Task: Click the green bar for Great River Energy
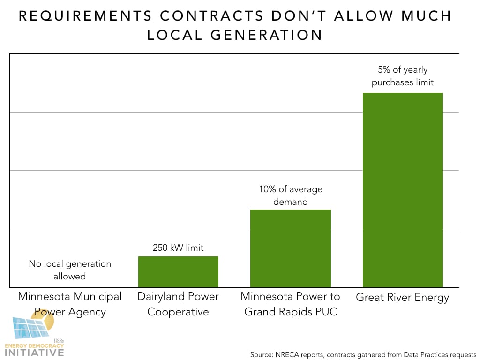point(403,190)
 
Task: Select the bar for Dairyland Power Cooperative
point(178,272)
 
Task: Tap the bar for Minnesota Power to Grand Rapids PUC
point(291,248)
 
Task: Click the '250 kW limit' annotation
point(178,247)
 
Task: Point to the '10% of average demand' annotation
point(291,195)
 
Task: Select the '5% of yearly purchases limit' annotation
point(403,76)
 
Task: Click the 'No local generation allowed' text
point(70,270)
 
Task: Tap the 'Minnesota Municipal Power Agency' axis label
point(70,304)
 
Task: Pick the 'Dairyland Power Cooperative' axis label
point(178,304)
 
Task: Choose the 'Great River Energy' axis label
point(403,298)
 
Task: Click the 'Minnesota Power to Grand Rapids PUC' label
point(291,304)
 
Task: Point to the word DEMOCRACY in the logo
point(47,345)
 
